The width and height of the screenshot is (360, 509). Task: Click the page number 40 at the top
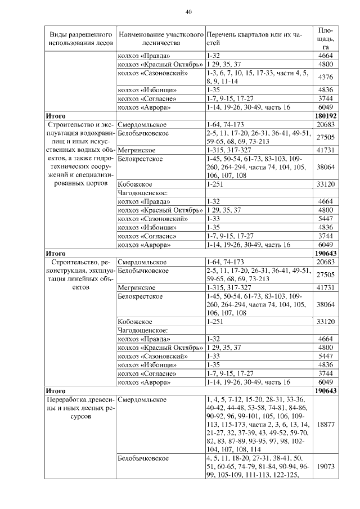(188, 12)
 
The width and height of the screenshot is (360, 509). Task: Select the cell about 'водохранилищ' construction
(80, 155)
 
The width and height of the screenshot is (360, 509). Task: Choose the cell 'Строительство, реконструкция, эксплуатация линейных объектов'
(80, 274)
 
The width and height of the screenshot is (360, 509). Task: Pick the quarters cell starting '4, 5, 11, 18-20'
(258, 466)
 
